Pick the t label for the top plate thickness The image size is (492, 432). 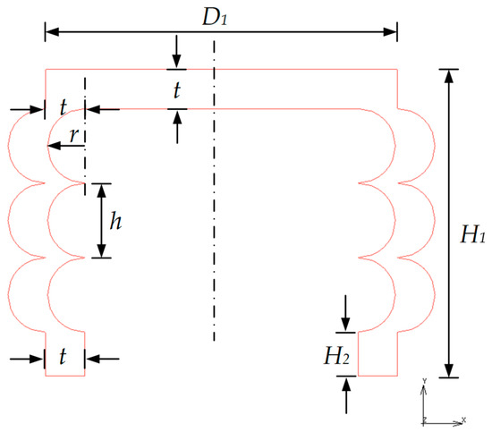coord(177,89)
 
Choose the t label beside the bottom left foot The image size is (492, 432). coord(64,358)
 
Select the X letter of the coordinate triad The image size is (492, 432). coord(463,419)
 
